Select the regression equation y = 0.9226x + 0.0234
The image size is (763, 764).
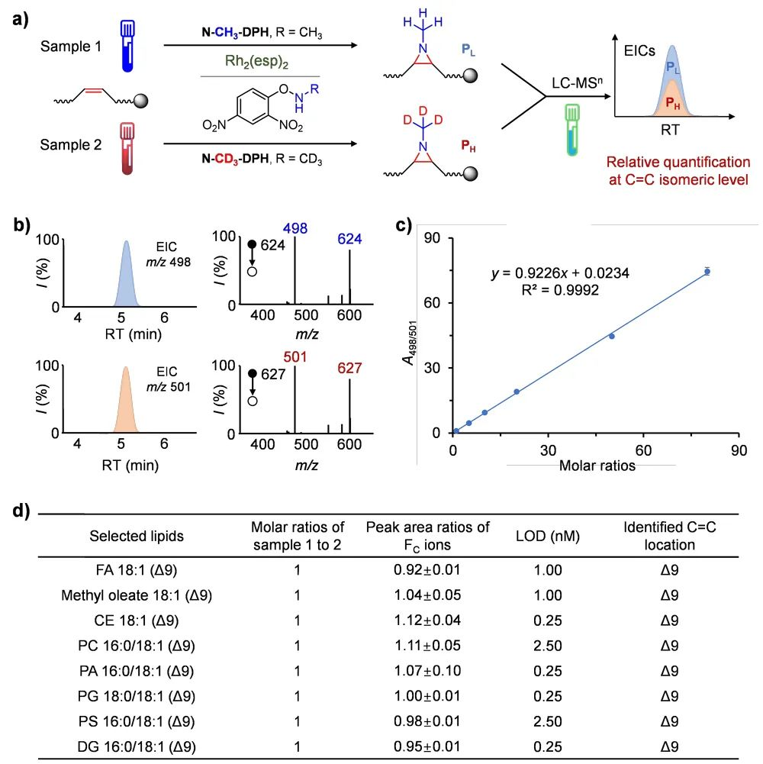point(559,272)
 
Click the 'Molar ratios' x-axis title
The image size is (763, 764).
point(597,466)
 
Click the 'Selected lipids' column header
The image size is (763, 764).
point(137,536)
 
